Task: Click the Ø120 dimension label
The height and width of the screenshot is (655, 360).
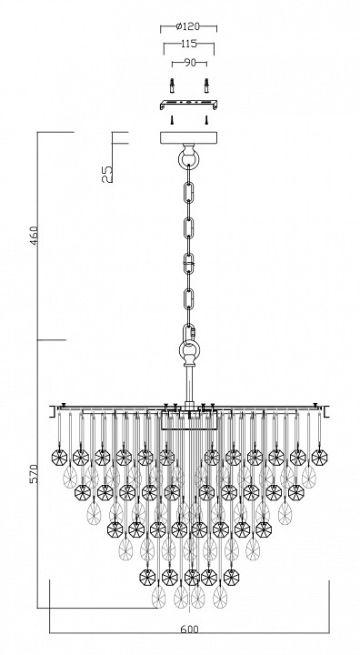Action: point(188,26)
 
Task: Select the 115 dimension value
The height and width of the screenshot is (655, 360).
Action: point(189,44)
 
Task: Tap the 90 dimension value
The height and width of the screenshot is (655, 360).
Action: point(190,63)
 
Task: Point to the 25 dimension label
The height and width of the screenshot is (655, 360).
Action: point(107,174)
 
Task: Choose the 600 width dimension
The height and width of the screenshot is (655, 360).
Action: point(190,630)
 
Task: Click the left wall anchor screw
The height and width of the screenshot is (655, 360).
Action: point(172,86)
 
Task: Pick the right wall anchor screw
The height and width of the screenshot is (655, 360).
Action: point(206,86)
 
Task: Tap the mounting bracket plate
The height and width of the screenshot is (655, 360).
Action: point(188,105)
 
